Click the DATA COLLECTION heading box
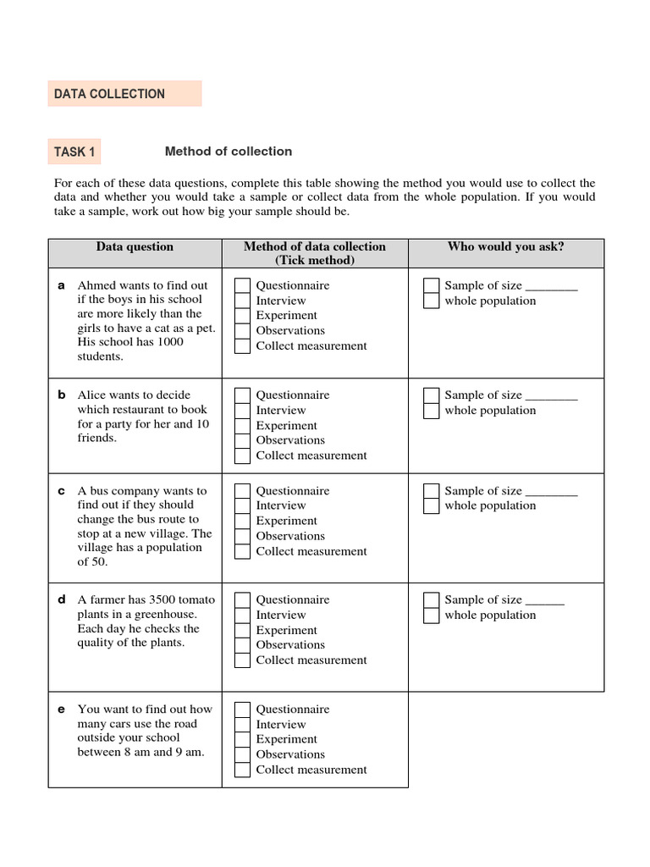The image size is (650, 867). pyautogui.click(x=124, y=94)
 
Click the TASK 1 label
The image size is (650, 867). pyautogui.click(x=75, y=152)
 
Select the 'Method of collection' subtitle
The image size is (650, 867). pyautogui.click(x=229, y=152)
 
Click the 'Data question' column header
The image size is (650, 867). pyautogui.click(x=135, y=247)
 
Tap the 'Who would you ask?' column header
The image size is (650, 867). pyautogui.click(x=505, y=247)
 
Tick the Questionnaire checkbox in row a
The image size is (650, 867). pyautogui.click(x=243, y=285)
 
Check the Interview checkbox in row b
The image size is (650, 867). pyautogui.click(x=243, y=411)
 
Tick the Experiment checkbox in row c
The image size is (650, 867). pyautogui.click(x=243, y=522)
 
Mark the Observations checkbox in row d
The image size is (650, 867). pyautogui.click(x=243, y=645)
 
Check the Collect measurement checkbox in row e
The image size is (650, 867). pyautogui.click(x=243, y=770)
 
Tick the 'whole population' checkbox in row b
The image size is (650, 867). pyautogui.click(x=432, y=411)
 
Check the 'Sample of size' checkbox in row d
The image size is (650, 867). pyautogui.click(x=432, y=600)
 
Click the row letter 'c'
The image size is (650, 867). pyautogui.click(x=61, y=491)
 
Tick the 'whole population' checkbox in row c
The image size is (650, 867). pyautogui.click(x=432, y=506)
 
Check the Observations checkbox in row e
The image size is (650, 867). pyautogui.click(x=243, y=754)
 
